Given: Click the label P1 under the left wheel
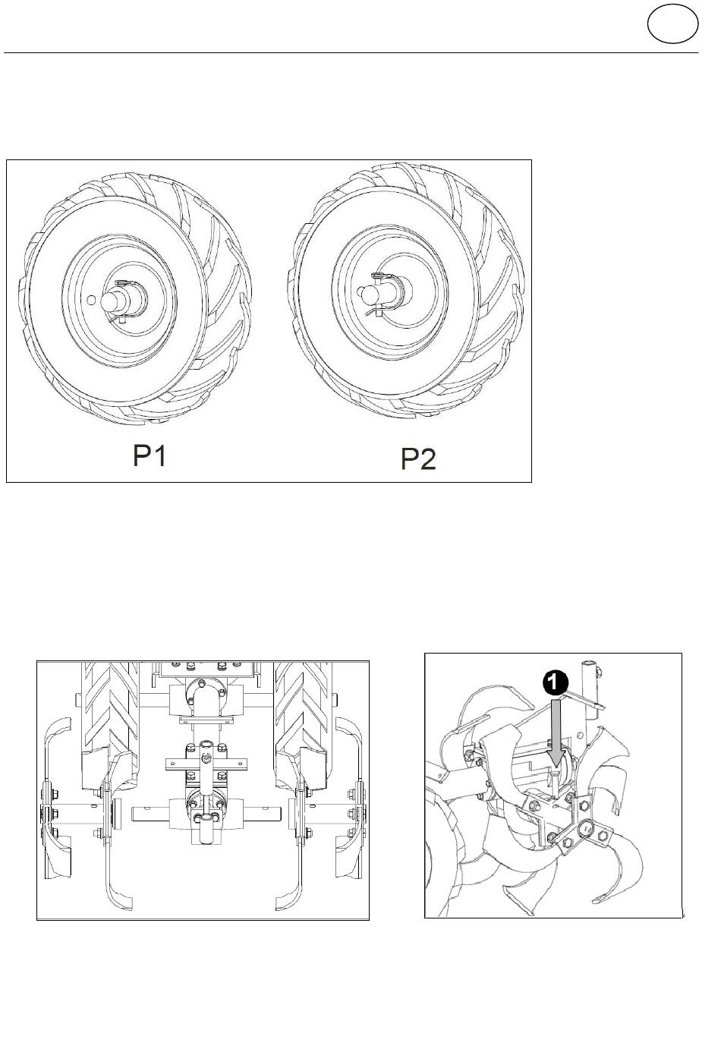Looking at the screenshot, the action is [149, 455].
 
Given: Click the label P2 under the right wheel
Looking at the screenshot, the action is [418, 459].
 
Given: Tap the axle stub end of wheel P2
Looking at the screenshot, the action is [364, 293].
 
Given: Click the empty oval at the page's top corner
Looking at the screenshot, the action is [672, 24].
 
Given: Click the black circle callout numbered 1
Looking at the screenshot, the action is [555, 683].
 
